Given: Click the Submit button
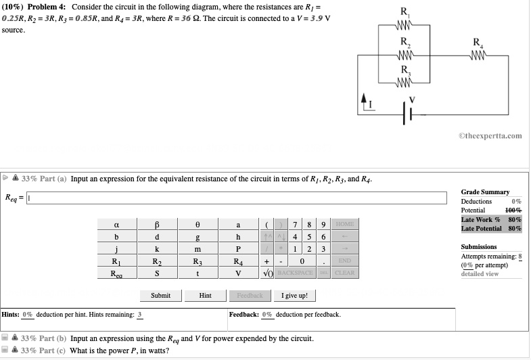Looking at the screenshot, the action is tap(160, 296).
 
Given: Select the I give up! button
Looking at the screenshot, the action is tap(294, 296).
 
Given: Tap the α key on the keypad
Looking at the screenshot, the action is tap(116, 225).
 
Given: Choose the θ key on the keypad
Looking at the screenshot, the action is tap(198, 225).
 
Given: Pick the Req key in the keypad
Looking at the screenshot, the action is tap(116, 273).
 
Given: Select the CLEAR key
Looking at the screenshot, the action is tap(344, 273).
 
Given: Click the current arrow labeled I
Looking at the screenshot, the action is tap(365, 102).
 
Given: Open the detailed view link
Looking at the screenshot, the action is tap(480, 273).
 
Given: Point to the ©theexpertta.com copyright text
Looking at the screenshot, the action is tap(490, 135).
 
